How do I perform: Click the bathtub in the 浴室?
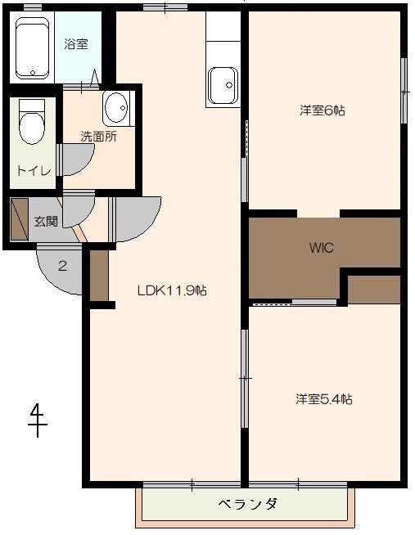point(33,47)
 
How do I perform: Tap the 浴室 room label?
point(76,44)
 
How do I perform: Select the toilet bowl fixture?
point(32,122)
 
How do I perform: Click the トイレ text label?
point(34,171)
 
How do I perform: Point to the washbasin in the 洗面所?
point(116,108)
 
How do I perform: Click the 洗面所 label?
point(98,137)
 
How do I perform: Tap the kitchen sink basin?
point(223,86)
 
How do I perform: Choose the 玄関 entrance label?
point(46,222)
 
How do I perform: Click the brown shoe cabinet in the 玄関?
point(20,219)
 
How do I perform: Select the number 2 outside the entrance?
point(62,265)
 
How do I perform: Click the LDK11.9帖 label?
point(172,290)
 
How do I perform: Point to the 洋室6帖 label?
point(323,110)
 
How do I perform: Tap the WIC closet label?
point(321,248)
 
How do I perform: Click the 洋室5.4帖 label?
point(324,399)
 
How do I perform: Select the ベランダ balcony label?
point(248,504)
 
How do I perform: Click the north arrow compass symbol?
point(37,420)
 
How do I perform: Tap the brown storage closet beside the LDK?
point(99,276)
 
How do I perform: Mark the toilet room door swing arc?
point(78,160)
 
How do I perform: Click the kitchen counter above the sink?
point(223,26)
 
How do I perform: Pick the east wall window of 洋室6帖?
point(404,91)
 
